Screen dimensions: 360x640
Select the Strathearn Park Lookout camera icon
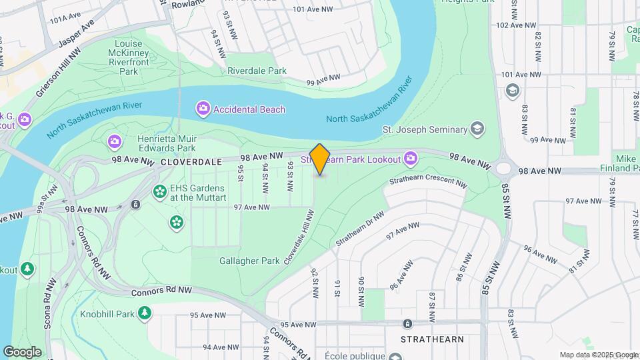tap(411, 159)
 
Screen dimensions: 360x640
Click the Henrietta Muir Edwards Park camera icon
tap(115, 141)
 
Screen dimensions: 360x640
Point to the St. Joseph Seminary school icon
tap(477, 129)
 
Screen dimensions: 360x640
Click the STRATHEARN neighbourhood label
tap(432, 339)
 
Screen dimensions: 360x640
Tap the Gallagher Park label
tap(249, 261)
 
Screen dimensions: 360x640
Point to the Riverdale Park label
tap(257, 71)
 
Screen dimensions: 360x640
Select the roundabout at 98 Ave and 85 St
tap(504, 167)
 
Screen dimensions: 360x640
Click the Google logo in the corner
tap(22, 351)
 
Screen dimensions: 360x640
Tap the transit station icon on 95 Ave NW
tap(407, 324)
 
